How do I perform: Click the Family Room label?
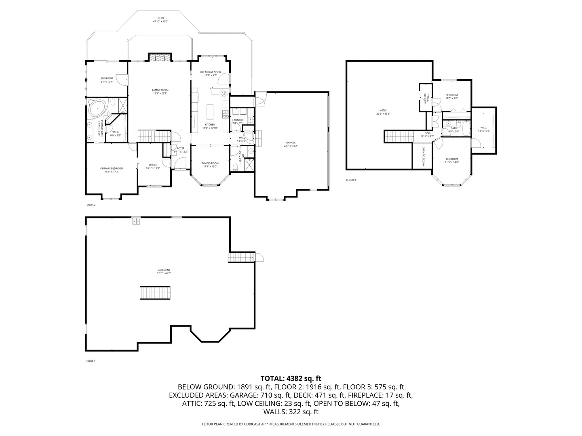160,90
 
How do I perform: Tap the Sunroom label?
107,78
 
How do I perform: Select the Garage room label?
291,143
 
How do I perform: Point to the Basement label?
164,270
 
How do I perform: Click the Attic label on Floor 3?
383,110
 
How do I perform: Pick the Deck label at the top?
160,18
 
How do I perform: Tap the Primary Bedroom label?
112,168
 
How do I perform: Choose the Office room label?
153,165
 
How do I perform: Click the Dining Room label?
210,163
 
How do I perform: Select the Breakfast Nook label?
211,72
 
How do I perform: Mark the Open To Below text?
423,156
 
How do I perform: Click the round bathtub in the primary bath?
97,108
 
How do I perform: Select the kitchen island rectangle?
210,111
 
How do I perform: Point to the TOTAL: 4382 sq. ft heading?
291,379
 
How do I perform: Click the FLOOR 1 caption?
90,361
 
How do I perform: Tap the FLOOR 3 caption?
351,180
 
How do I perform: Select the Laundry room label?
238,120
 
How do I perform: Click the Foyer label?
181,148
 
